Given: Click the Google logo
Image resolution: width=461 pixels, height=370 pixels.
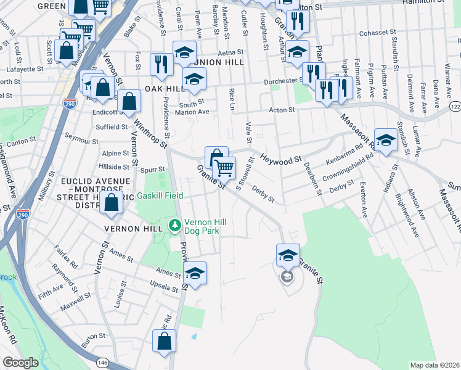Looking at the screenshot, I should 20,363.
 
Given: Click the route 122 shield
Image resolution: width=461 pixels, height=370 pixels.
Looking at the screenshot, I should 455,107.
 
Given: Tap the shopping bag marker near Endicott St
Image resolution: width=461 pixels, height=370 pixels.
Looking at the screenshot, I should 129,102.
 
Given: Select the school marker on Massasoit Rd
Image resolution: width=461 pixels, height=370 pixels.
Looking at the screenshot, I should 386,141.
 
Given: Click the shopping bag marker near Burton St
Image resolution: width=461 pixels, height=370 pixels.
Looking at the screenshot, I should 165,342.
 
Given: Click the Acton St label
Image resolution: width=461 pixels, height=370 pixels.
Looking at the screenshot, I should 282,109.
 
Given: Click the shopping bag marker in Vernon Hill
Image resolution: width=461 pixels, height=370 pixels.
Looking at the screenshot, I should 112,203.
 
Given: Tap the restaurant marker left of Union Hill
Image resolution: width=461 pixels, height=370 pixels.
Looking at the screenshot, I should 161,65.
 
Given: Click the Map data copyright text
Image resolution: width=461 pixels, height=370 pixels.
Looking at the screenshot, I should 434,364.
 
